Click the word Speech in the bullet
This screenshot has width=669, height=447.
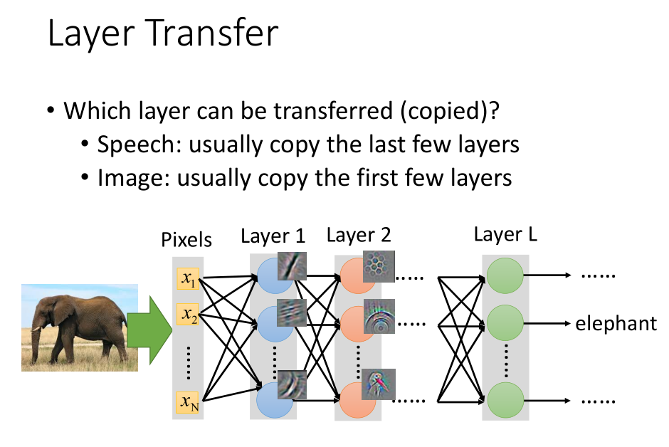tap(133, 144)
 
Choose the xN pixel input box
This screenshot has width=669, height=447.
tap(188, 404)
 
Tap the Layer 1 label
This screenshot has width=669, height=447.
tap(273, 236)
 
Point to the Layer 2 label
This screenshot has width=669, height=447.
tap(358, 236)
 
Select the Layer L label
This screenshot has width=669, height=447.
tap(505, 234)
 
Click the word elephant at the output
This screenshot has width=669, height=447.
tap(616, 324)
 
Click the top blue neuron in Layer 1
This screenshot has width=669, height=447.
tap(273, 275)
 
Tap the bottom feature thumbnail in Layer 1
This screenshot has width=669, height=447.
tap(292, 384)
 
